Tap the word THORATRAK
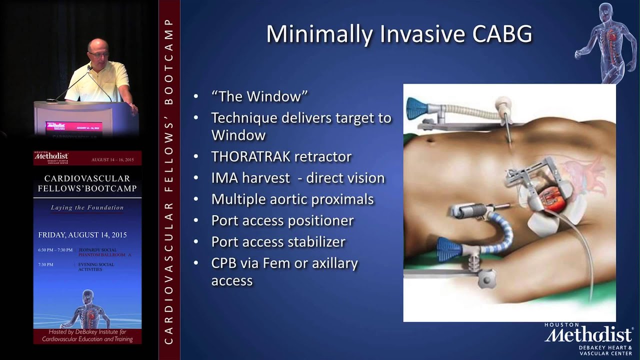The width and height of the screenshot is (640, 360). [250, 156]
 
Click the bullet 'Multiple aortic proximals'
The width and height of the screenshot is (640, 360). [292, 199]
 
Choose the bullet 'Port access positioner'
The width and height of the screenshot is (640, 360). [282, 220]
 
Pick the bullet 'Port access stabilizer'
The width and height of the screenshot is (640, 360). [278, 242]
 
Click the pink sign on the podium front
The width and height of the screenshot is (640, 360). [73, 126]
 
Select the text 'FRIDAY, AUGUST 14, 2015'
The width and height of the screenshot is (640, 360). [82, 234]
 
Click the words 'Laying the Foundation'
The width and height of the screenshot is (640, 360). [87, 207]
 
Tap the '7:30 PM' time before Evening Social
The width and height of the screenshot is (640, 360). [45, 264]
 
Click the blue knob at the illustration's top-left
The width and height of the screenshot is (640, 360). [415, 108]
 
